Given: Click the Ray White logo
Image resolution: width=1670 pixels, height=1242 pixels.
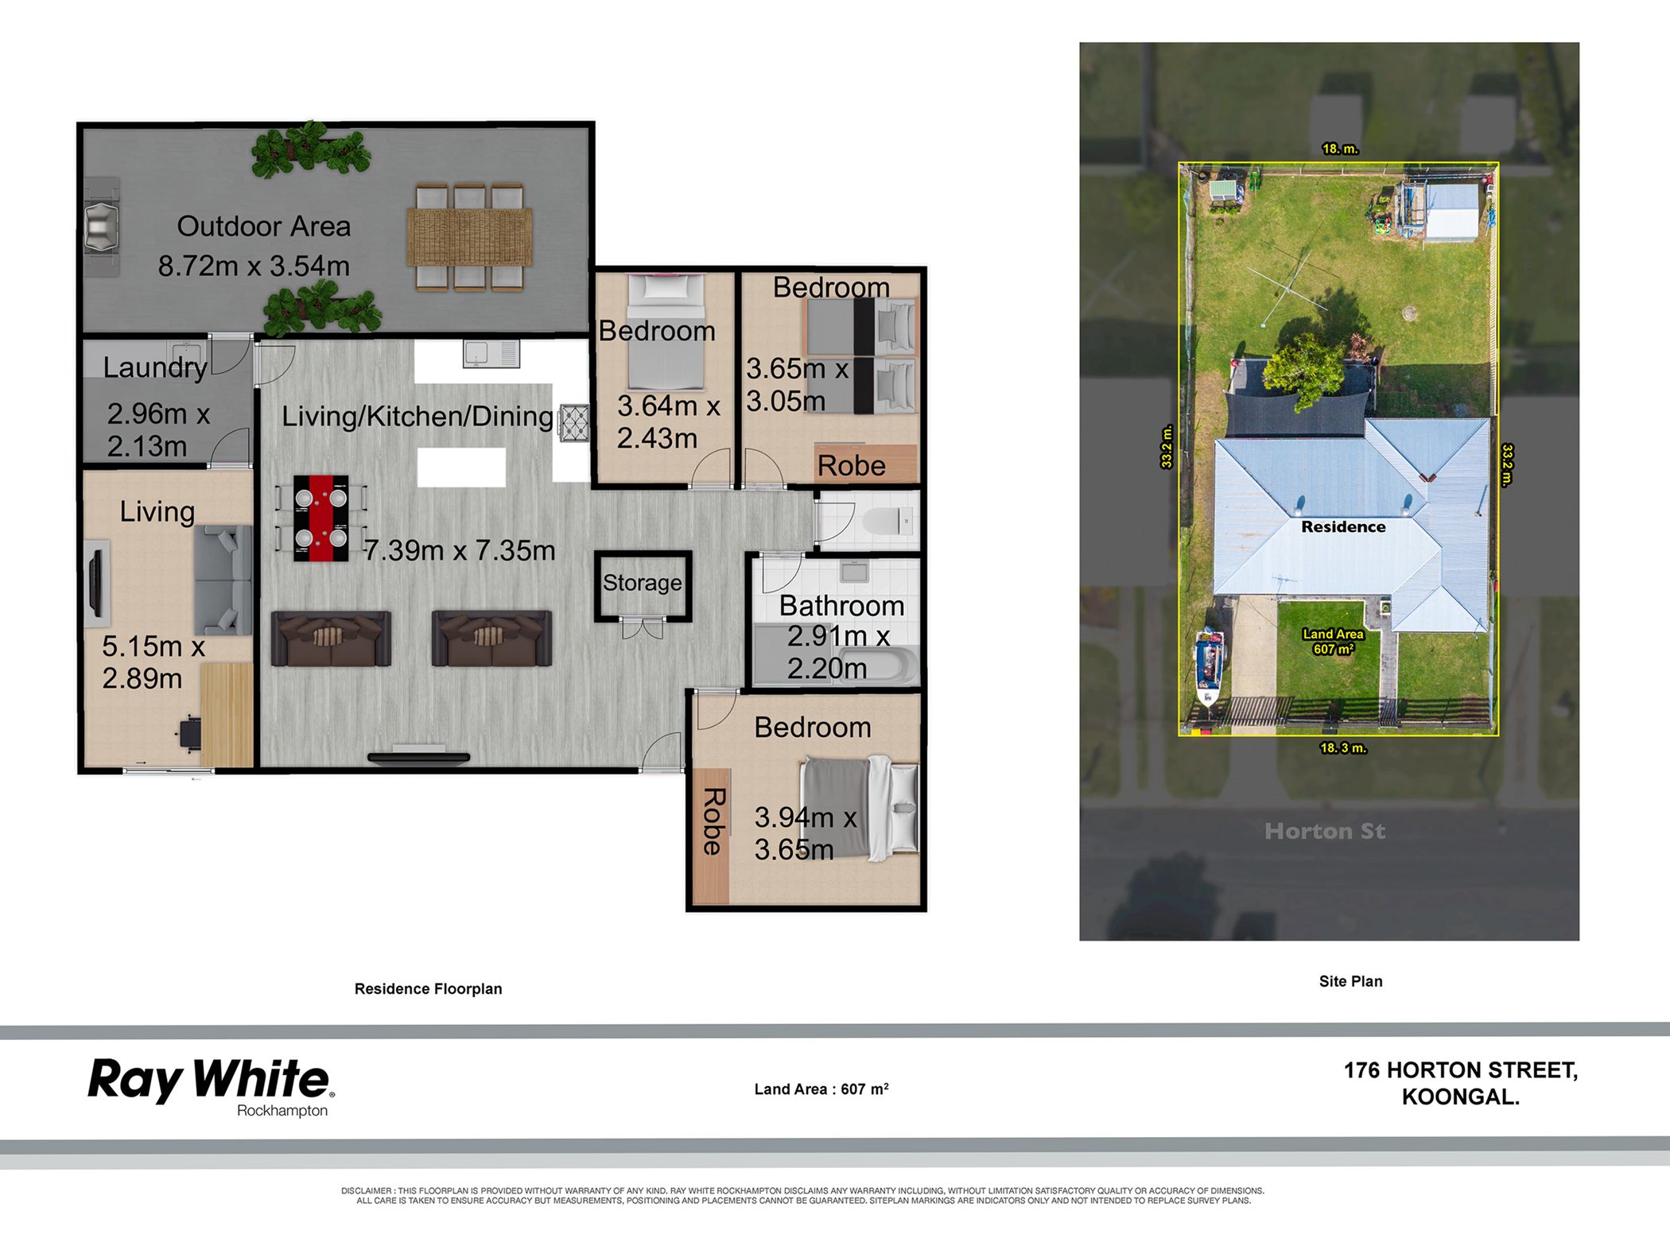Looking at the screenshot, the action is click(211, 1086).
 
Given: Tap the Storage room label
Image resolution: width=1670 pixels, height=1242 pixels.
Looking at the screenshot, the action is click(642, 583).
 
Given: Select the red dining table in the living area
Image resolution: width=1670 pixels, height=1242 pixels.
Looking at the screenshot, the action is click(320, 518).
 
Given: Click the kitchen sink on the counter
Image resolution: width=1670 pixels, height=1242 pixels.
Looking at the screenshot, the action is click(491, 354).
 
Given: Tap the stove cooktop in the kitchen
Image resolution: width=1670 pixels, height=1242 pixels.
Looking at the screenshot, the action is click(575, 422).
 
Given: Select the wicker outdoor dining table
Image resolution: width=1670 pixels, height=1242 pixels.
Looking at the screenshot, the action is click(469, 237).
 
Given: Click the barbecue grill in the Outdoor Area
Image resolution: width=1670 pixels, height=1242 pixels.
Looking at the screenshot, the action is click(102, 227).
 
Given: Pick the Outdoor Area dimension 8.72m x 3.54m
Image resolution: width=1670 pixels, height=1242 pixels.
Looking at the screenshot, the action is click(254, 266).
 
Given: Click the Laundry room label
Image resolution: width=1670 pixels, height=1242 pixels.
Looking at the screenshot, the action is click(155, 367).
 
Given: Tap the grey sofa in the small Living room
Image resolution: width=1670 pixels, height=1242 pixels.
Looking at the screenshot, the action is click(223, 580).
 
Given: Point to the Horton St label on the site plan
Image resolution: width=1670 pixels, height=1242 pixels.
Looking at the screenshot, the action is click(1325, 831).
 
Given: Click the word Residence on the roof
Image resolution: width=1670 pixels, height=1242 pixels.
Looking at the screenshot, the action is click(1343, 526).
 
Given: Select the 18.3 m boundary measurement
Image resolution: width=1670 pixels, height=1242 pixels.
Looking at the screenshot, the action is click(1343, 747).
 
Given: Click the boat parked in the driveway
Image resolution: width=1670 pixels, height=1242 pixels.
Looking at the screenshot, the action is click(1210, 666).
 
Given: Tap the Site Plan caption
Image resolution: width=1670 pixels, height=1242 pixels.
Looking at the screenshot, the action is click(1350, 981).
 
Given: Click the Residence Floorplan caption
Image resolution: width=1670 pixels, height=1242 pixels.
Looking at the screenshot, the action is click(428, 988).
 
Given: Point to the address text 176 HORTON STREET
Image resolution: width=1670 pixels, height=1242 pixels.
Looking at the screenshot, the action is click(1460, 1070).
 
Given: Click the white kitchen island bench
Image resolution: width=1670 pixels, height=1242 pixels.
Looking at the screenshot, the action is click(461, 467).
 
